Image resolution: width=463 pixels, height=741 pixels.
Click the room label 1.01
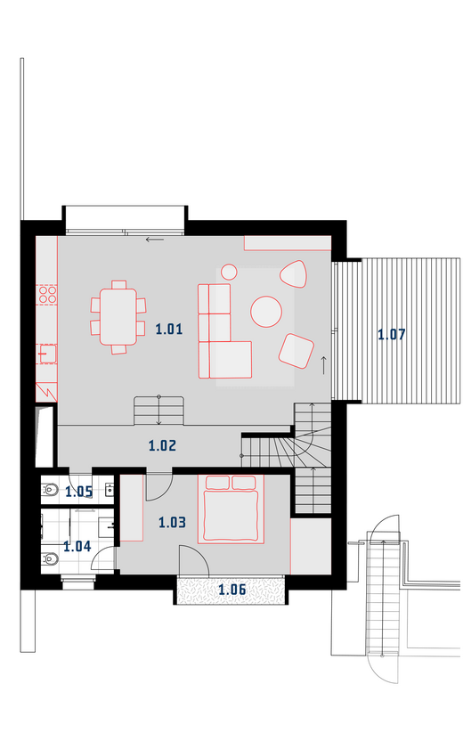tap(169, 329)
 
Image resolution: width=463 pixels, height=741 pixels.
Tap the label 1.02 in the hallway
tap(163, 445)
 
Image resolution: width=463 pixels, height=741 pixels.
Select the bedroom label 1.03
tap(172, 522)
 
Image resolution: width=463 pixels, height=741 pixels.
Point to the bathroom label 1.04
tap(77, 546)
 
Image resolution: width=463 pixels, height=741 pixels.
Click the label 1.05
tap(79, 492)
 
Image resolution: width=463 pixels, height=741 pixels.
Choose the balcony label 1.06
tap(232, 590)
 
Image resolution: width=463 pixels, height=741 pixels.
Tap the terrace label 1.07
tap(392, 335)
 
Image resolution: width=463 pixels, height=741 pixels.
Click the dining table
tap(118, 317)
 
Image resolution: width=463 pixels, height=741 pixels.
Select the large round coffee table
tap(266, 312)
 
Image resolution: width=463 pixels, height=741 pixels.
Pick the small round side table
tap(229, 272)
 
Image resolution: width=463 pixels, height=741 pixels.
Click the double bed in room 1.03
tap(231, 509)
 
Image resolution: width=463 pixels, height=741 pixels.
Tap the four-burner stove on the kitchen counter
tap(47, 295)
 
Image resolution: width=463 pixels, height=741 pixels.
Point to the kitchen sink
tap(47, 354)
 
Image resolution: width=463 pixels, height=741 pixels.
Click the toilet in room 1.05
tap(50, 490)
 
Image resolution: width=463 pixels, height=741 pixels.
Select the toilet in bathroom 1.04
tap(50, 559)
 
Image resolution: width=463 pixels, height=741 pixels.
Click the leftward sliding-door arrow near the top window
tap(155, 240)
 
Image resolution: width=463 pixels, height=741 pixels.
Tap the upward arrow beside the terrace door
tap(323, 365)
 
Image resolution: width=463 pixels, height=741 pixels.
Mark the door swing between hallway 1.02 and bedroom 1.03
tap(158, 485)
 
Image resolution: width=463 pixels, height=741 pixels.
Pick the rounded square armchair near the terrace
tap(296, 351)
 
